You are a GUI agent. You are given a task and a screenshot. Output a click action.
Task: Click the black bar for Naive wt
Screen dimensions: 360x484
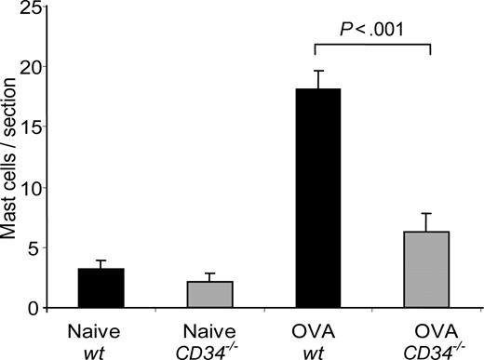(x=101, y=287)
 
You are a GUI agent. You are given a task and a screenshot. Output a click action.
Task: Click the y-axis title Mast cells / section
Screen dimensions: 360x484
(x=12, y=158)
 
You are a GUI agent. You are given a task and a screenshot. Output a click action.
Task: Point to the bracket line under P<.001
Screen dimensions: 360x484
(x=373, y=42)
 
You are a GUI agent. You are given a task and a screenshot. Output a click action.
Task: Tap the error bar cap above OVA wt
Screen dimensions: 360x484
(x=318, y=71)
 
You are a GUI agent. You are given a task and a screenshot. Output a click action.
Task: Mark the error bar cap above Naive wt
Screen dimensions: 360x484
(x=101, y=260)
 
